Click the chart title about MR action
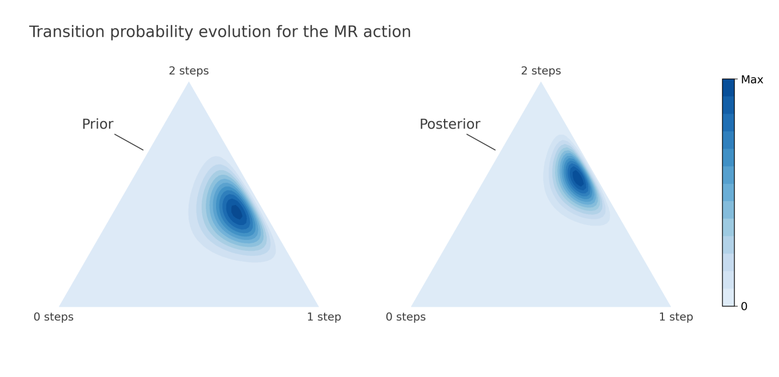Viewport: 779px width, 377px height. tap(220, 32)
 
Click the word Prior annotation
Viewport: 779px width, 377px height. tap(98, 125)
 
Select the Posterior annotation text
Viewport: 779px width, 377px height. tap(450, 125)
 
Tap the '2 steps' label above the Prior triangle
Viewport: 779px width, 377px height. tap(189, 71)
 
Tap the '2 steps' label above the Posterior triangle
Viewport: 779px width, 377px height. tap(541, 71)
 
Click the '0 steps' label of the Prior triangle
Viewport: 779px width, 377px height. tap(54, 317)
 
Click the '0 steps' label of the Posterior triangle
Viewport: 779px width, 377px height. tap(405, 317)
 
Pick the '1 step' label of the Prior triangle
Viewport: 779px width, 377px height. tap(323, 317)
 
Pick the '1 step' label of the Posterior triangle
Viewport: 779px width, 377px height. tap(676, 317)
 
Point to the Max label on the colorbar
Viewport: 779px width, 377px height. tap(752, 80)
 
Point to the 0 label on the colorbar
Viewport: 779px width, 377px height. tap(744, 307)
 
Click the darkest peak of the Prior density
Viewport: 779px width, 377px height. tap(237, 212)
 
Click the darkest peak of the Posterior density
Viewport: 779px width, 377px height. tap(578, 178)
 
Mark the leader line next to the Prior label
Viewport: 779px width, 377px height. tap(129, 142)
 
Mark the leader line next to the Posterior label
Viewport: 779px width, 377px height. tap(481, 142)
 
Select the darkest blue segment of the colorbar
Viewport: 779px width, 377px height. tap(728, 87)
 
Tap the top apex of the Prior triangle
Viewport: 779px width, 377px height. tap(189, 82)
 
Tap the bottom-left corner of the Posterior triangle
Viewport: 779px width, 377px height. tap(411, 307)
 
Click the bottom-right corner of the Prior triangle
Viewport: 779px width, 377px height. tap(318, 307)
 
